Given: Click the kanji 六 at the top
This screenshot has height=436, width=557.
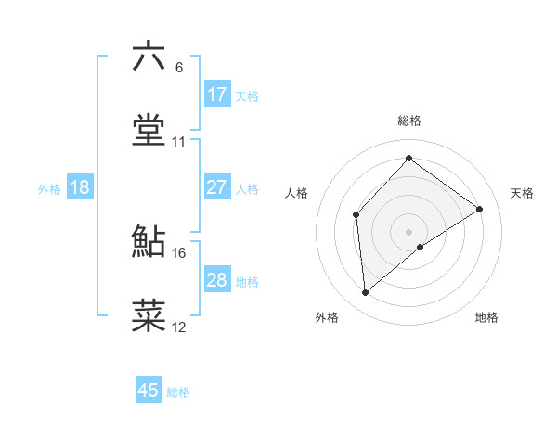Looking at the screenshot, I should [149, 57].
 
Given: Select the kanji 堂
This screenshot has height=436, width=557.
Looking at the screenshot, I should [149, 131].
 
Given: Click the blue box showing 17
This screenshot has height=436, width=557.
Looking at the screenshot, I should [217, 95].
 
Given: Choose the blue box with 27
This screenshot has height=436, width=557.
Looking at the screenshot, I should [217, 187].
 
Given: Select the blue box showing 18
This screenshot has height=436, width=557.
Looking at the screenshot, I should [80, 187].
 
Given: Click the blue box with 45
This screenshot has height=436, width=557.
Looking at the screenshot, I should [149, 391].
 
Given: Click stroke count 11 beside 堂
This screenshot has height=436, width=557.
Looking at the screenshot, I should [179, 142].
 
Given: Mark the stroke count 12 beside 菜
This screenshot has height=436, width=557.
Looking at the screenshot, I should [179, 327].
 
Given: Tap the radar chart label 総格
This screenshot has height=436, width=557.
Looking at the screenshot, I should [408, 121].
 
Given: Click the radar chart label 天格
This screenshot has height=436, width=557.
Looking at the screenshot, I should [522, 193].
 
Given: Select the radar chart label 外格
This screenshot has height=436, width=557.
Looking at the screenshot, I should [327, 317].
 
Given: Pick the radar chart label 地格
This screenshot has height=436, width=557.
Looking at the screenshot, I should [486, 317].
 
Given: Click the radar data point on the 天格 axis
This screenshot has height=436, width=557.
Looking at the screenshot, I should [480, 209].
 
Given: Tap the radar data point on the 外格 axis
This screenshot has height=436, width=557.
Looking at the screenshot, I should [366, 293].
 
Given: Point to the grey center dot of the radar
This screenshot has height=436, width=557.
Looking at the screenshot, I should [408, 231].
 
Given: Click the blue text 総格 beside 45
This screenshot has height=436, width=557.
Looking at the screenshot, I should [178, 392].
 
